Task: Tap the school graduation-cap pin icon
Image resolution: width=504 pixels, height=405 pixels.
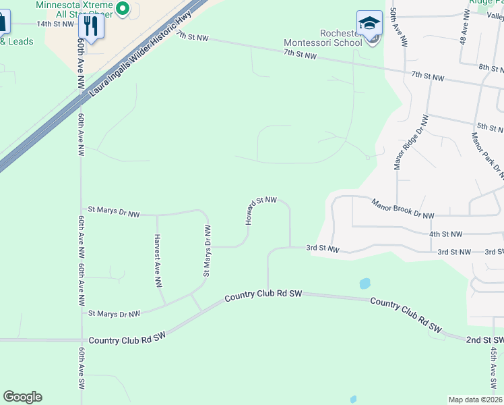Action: (369, 25)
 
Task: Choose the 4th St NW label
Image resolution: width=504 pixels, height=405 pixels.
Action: (446, 234)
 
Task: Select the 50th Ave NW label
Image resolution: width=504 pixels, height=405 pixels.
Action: (398, 28)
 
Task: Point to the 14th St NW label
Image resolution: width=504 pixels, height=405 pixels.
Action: (55, 24)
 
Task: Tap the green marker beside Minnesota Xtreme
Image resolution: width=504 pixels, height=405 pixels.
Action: (123, 8)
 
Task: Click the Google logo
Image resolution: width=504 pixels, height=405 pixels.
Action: (22, 397)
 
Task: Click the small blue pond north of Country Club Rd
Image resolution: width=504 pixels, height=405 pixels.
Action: (365, 283)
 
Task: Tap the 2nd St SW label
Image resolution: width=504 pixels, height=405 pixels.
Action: (484, 340)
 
